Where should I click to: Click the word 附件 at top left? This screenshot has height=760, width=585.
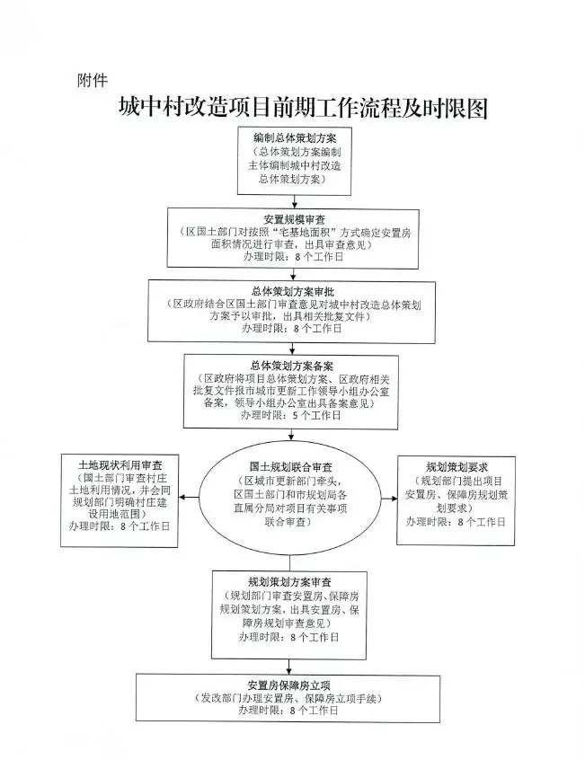[92, 80]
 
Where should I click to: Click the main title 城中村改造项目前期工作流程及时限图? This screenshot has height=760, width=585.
[303, 108]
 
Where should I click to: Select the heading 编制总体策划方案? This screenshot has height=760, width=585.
[295, 138]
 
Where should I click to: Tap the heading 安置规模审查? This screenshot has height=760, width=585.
[294, 219]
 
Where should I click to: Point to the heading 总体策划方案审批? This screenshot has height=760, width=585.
[293, 292]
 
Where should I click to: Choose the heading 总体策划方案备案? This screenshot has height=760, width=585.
[292, 366]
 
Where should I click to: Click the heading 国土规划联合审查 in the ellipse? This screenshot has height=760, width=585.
[291, 468]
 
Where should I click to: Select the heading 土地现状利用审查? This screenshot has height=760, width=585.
[120, 465]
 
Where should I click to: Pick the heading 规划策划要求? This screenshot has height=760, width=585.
[456, 468]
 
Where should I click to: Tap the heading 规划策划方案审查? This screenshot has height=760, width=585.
[290, 582]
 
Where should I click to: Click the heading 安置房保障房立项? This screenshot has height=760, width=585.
[288, 685]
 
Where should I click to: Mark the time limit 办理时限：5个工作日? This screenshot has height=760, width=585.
[291, 415]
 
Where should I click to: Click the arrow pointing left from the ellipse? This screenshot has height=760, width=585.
[189, 498]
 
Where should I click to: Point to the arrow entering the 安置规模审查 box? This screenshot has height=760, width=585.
[295, 201]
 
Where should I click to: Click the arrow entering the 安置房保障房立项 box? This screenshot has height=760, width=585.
[289, 667]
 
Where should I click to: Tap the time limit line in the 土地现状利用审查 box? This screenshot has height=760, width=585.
[120, 526]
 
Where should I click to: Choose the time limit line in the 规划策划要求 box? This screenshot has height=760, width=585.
[456, 522]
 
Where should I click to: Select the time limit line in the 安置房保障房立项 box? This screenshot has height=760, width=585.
[288, 711]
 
